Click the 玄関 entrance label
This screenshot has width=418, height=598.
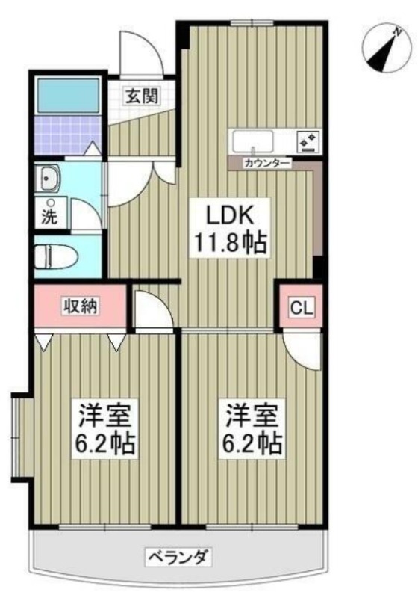142,96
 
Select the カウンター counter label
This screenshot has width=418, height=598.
268,164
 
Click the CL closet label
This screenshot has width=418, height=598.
302,308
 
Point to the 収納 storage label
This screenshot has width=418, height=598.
81,306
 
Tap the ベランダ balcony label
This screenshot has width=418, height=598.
178,558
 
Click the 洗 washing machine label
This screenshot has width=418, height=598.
50,217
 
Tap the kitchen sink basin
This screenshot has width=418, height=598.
253,141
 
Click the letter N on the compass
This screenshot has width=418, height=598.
398,32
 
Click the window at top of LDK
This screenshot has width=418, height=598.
252,23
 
